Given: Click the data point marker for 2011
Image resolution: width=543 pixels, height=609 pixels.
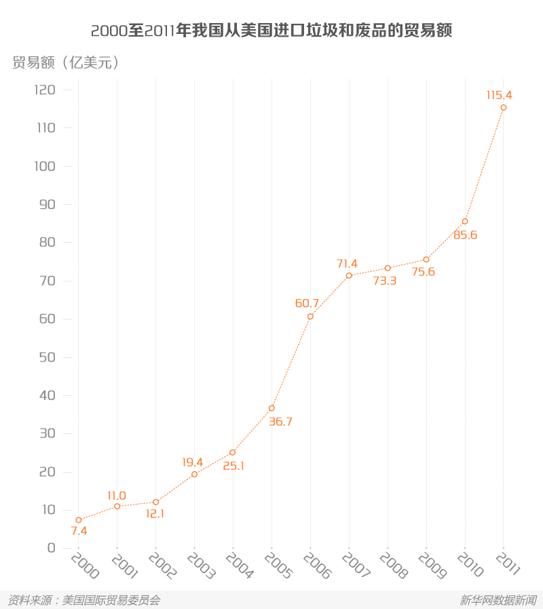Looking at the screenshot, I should click(x=503, y=107).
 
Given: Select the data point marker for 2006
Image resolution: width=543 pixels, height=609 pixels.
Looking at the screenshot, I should click(x=310, y=317).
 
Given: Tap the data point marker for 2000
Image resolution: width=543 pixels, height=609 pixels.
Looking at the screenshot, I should click(x=79, y=520).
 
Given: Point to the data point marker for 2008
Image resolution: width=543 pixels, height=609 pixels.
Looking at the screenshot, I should click(x=388, y=268).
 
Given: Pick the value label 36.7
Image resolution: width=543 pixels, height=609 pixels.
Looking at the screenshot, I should click(x=280, y=422).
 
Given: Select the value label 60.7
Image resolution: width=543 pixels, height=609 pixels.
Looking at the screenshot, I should click(x=307, y=304).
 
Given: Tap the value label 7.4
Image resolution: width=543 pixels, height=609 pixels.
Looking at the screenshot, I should click(x=79, y=531).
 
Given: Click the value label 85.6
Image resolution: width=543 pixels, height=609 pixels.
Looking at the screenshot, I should click(x=466, y=235).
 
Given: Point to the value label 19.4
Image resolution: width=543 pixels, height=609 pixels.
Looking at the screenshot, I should click(x=192, y=463).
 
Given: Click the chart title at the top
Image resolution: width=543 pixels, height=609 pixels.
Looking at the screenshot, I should click(x=271, y=31).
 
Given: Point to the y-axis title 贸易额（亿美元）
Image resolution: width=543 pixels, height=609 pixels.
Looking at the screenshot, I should click(x=66, y=62).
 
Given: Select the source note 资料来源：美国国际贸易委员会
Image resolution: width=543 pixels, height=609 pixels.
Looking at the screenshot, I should click(x=83, y=600).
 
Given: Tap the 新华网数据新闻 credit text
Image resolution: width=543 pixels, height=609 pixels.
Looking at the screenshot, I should click(x=498, y=600).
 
